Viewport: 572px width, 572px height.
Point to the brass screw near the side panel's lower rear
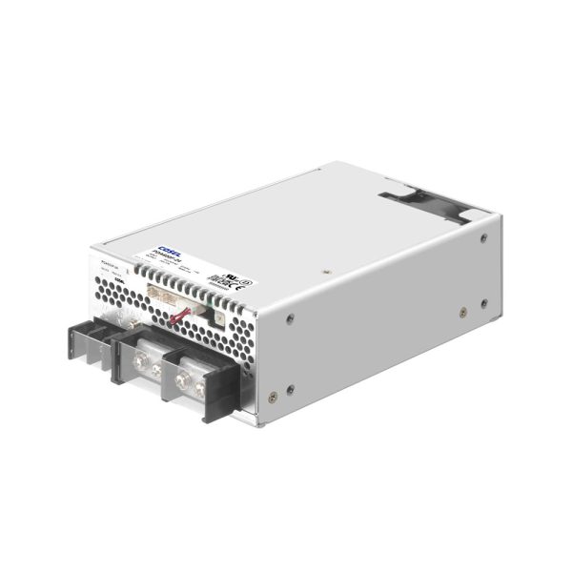click(x=460, y=310)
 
